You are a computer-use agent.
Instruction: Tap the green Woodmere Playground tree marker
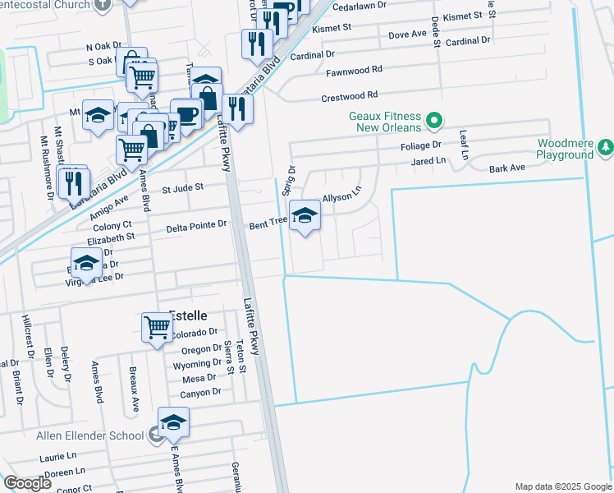pyautogui.click(x=606, y=147)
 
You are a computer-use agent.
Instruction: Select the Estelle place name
pyautogui.click(x=188, y=315)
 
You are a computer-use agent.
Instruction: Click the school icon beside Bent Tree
pyautogui.click(x=305, y=216)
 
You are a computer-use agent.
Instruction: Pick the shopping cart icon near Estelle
pyautogui.click(x=157, y=327)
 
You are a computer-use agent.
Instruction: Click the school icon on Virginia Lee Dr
pyautogui.click(x=86, y=265)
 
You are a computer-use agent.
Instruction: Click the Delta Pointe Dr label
pyautogui.click(x=196, y=224)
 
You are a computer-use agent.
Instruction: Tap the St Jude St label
pyautogui.click(x=182, y=188)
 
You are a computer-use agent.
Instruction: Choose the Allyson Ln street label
pyautogui.click(x=341, y=198)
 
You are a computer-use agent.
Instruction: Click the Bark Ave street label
pyautogui.click(x=506, y=168)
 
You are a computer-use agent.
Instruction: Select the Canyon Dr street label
pyautogui.click(x=201, y=393)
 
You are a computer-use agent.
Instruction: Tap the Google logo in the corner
pyautogui.click(x=27, y=483)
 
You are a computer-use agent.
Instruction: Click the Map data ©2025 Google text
pyautogui.click(x=562, y=486)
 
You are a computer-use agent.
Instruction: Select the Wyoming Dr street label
pyautogui.click(x=197, y=364)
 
